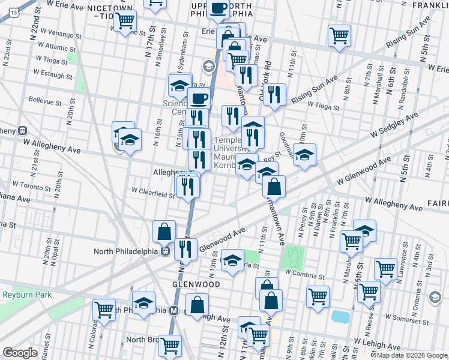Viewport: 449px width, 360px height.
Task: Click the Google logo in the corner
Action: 20,353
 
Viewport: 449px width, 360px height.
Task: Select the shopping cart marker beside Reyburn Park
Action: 104,310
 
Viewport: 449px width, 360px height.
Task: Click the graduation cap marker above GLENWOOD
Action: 232,260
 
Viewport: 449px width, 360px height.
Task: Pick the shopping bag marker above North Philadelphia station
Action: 164,231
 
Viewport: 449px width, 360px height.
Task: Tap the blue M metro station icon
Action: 174,311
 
